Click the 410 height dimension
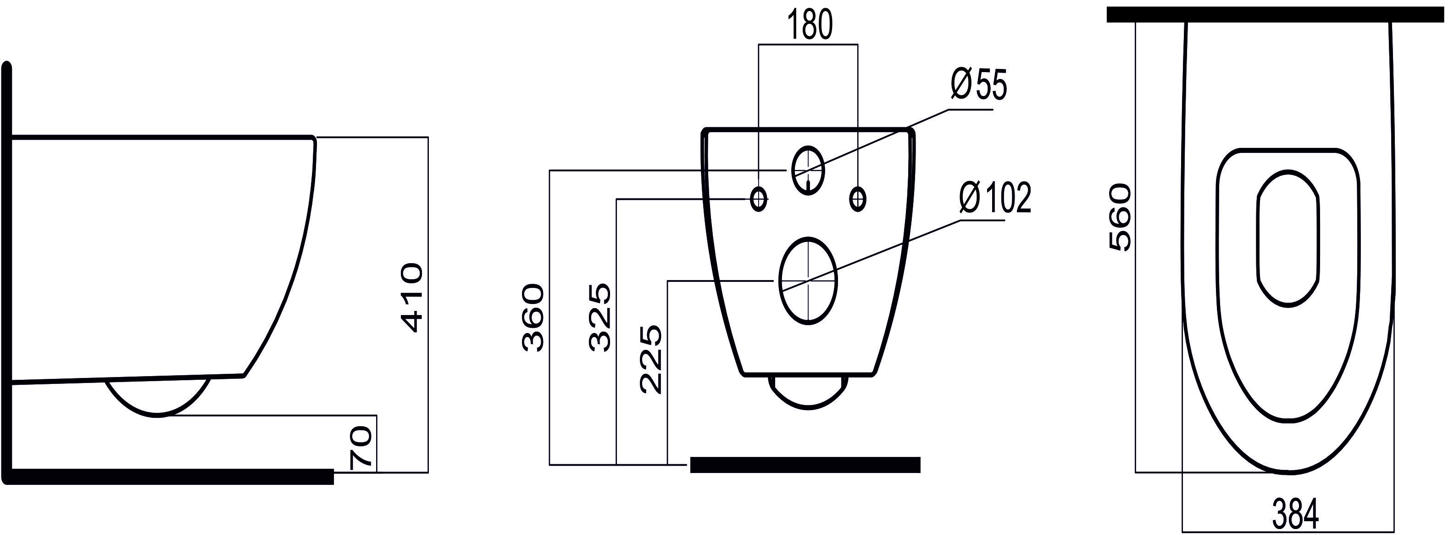[411, 297]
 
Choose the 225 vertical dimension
[650, 359]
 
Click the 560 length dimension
[1120, 217]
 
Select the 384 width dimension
[1295, 514]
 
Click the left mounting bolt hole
[759, 199]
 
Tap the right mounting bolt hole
[857, 199]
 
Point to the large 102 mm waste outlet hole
[808, 281]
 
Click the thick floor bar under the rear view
[805, 464]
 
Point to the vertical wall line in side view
[7, 271]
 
